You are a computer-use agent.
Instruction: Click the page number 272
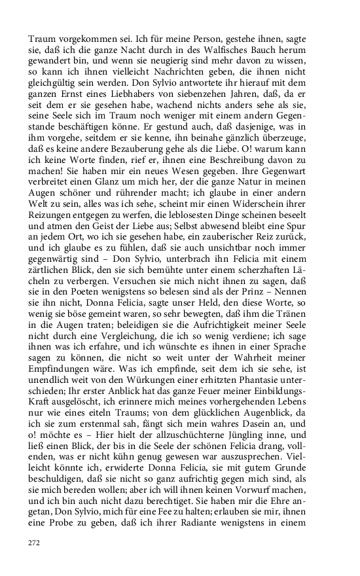click(33, 543)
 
